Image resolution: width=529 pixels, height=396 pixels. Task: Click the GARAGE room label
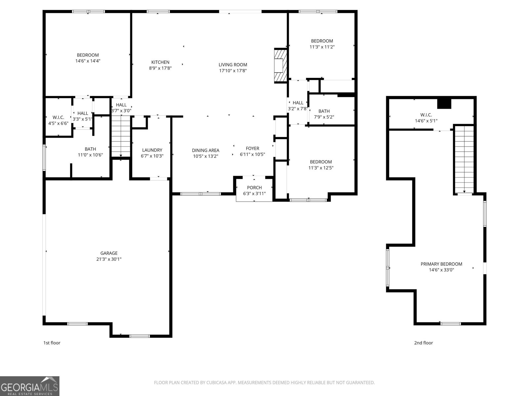109,253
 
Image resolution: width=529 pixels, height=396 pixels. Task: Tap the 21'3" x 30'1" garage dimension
109,259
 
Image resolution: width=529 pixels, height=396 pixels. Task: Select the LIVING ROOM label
233,65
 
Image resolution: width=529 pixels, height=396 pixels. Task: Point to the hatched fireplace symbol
280,65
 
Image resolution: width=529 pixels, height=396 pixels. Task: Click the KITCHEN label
160,62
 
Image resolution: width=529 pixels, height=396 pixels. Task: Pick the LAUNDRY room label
152,150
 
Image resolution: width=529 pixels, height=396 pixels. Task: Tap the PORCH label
254,187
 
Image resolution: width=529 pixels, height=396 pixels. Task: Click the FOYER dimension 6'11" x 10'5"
253,154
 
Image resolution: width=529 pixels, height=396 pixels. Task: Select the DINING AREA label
206,150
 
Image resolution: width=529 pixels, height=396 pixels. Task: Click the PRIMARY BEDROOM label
441,264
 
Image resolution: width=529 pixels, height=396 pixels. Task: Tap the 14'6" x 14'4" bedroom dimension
88,61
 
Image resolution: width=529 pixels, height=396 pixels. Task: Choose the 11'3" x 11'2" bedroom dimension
322,47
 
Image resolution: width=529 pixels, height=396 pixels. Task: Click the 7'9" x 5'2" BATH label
324,111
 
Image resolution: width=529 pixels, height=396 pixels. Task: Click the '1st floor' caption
52,343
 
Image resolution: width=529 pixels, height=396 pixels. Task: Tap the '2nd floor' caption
423,343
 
